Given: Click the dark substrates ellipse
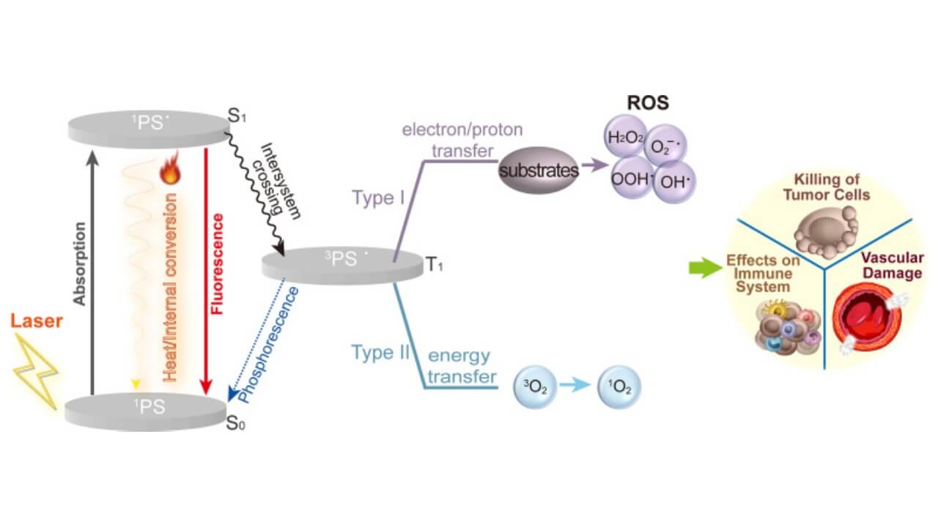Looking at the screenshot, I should [x=538, y=170].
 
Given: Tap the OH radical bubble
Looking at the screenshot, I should [x=672, y=181].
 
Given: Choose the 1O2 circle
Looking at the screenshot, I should [x=620, y=386].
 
